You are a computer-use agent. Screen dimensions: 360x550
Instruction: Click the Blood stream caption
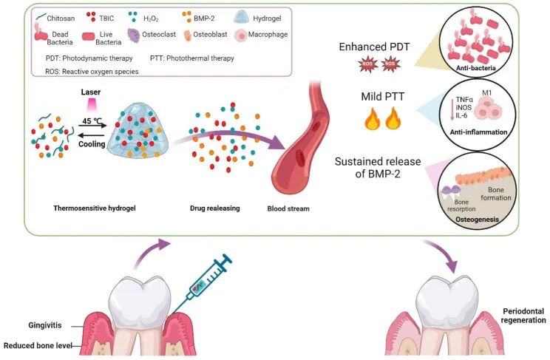288,208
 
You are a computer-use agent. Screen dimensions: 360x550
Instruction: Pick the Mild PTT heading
376,96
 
